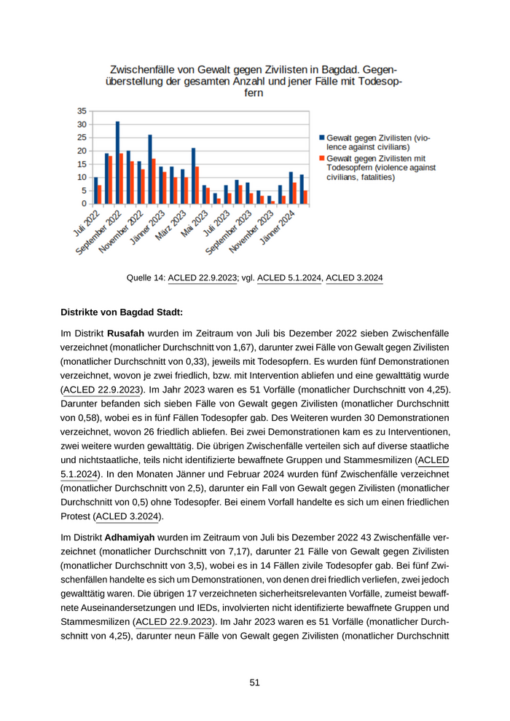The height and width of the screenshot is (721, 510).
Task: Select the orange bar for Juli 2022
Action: (100, 195)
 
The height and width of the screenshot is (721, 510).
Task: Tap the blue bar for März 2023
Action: (183, 187)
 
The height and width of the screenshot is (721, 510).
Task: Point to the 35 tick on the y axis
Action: (82, 111)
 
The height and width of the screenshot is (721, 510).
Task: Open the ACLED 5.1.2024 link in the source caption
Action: (290, 277)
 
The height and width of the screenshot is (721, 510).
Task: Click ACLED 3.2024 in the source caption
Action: (354, 277)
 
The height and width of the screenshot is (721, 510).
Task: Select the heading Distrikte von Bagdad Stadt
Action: (122, 312)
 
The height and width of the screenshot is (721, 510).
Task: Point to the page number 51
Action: (255, 682)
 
